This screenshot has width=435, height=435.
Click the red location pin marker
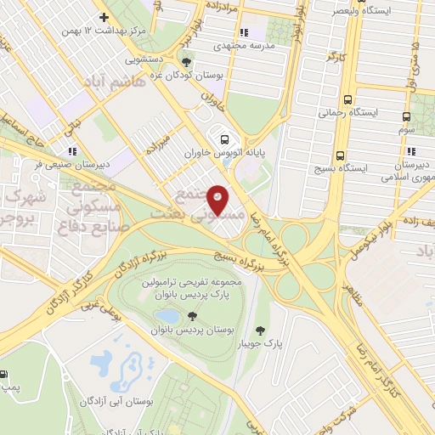point(218,199)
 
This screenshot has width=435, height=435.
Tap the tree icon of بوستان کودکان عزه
point(186,61)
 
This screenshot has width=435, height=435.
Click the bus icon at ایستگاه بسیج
point(340,155)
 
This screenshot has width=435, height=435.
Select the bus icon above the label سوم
point(406,116)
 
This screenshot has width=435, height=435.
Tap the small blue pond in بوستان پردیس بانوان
point(161,317)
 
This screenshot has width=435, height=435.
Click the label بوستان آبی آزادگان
point(116,399)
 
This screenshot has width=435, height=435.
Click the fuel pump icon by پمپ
point(6,374)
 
